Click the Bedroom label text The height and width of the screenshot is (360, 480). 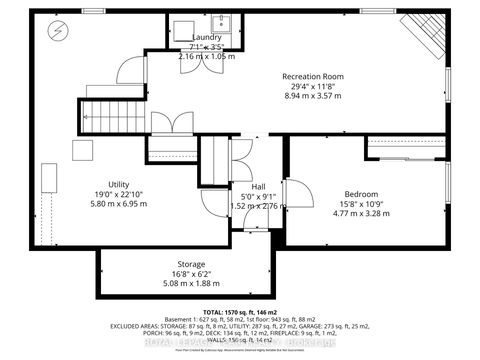[361, 193]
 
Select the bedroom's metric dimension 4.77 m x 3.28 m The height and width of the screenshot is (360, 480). [361, 214]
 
